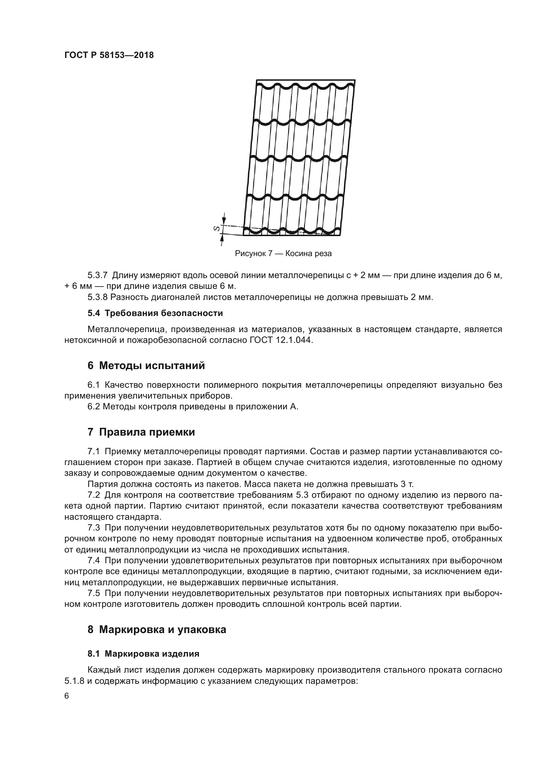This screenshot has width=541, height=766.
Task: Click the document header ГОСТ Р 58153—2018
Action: point(109,55)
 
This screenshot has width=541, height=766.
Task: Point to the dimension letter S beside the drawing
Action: point(216,229)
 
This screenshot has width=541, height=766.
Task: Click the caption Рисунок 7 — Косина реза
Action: point(283,253)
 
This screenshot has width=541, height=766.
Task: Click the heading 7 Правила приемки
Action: point(141,432)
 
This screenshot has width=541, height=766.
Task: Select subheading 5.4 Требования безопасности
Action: point(155,313)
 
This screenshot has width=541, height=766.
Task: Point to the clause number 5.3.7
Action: point(97,275)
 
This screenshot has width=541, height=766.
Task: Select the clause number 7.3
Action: point(94,528)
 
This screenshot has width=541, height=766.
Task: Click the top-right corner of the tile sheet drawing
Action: point(355,80)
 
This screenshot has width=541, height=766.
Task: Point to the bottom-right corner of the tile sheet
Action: point(340,235)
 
